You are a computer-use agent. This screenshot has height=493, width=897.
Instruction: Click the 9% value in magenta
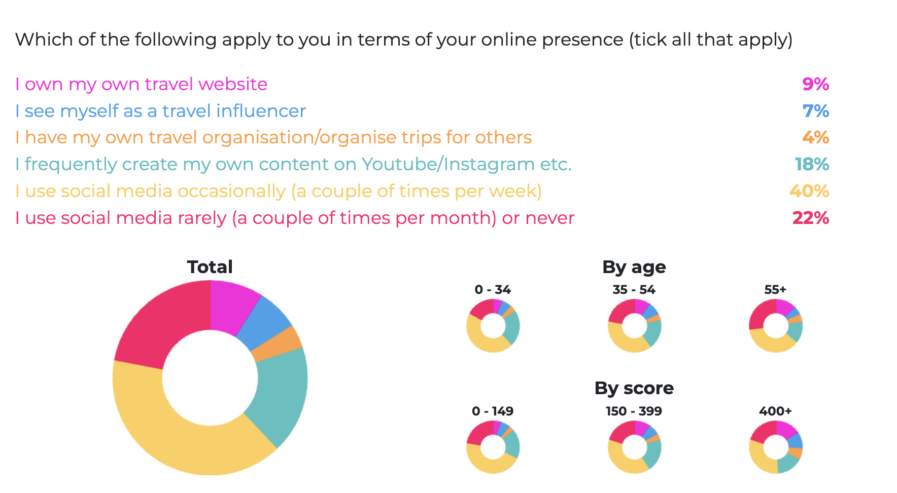tap(815, 84)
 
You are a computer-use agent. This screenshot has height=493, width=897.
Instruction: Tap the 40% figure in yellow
tap(809, 191)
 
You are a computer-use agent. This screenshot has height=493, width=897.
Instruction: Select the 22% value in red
tap(810, 218)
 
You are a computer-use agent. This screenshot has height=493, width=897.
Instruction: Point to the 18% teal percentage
tap(812, 164)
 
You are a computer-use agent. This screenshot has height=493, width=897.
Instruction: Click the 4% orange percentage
tap(815, 137)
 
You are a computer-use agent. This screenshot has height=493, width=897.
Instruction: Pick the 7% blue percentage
tap(815, 111)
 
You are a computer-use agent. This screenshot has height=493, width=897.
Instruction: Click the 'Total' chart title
tap(210, 267)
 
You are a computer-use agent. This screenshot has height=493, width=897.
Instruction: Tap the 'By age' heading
tap(634, 267)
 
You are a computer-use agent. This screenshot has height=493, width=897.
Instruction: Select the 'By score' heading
tap(634, 388)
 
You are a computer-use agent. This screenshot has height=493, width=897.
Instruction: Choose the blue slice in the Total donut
tap(264, 322)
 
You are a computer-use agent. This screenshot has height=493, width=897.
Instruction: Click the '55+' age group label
tap(775, 290)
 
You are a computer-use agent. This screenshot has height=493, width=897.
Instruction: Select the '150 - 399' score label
tap(634, 411)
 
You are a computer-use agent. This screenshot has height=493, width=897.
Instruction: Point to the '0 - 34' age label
tap(493, 290)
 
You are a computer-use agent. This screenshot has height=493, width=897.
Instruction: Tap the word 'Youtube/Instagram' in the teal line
tap(448, 164)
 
